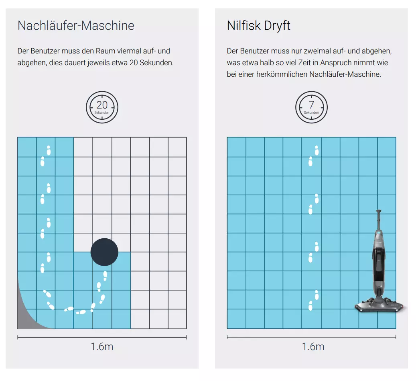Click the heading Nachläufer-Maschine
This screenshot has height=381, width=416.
[x=76, y=26]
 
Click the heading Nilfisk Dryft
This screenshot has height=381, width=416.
[x=258, y=26]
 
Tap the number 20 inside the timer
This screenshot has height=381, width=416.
[x=102, y=105]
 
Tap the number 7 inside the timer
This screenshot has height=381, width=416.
[x=311, y=105]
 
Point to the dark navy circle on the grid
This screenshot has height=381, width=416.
[x=104, y=252]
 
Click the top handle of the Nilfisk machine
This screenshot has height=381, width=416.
[x=379, y=212]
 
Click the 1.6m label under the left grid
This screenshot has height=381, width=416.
[x=102, y=347]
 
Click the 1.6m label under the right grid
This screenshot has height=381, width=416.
[x=313, y=347]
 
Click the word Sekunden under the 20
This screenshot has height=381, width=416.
[x=102, y=113]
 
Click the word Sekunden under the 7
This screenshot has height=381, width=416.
[x=311, y=113]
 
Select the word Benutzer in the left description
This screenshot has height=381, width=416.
[x=43, y=51]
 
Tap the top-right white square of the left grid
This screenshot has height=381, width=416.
[x=177, y=147]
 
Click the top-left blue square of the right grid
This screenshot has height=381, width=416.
[x=236, y=147]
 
